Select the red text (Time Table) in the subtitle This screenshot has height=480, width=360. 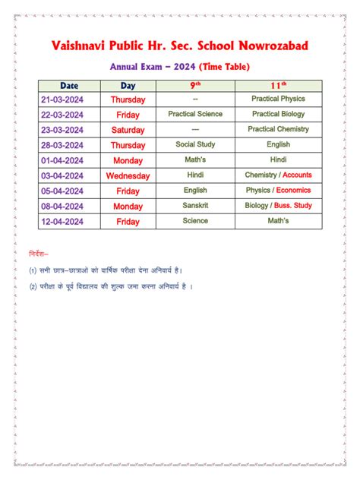[x=224, y=67]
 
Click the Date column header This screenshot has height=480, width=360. [x=69, y=86]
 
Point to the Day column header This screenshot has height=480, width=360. [x=128, y=86]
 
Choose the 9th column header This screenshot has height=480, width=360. [x=195, y=86]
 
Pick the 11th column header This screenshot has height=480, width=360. [x=278, y=86]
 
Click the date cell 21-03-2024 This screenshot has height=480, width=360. [x=69, y=99]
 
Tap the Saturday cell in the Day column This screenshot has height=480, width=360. [x=128, y=130]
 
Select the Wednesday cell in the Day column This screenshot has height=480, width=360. [x=128, y=175]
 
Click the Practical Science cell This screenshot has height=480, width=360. [x=195, y=114]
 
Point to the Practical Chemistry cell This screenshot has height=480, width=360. [x=278, y=129]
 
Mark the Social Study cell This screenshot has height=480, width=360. [x=195, y=144]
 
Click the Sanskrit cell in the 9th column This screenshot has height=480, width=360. [x=195, y=205]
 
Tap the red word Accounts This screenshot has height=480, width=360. [x=297, y=175]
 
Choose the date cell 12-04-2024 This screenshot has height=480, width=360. [x=69, y=221]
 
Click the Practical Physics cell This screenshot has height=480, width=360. [x=278, y=99]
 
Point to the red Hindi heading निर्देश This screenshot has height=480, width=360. [x=39, y=251]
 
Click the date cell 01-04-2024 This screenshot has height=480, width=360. [x=69, y=160]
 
